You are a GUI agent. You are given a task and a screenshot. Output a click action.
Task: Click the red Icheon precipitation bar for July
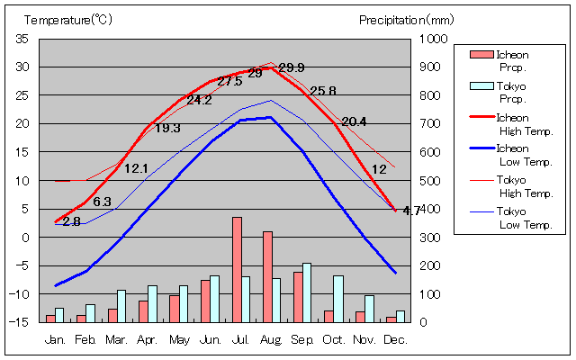[x=237, y=269]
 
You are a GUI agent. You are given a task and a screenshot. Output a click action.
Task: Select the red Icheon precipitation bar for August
[x=267, y=276]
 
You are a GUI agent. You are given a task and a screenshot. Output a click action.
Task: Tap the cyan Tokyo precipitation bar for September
[x=308, y=292]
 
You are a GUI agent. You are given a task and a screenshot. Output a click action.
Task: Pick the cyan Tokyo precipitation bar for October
[x=338, y=299]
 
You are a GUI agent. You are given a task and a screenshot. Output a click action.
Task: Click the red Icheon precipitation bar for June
[x=205, y=301]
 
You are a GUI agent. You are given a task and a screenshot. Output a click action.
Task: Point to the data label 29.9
[x=292, y=67]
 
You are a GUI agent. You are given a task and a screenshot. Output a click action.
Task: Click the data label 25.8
[x=322, y=91]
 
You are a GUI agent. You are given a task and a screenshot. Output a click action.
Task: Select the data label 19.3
[x=167, y=128]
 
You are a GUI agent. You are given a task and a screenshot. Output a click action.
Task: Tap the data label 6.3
[x=102, y=202]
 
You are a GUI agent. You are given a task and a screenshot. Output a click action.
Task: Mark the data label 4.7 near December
[x=411, y=211]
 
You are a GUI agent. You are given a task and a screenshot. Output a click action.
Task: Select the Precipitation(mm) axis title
[x=407, y=19]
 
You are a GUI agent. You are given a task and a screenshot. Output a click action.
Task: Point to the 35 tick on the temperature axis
[x=22, y=39]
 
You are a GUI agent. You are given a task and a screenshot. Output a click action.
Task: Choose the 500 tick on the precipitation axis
[x=433, y=180]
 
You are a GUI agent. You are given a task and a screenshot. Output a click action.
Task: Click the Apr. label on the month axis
[x=147, y=339]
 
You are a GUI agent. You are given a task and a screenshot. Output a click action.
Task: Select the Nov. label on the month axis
[x=364, y=339]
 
